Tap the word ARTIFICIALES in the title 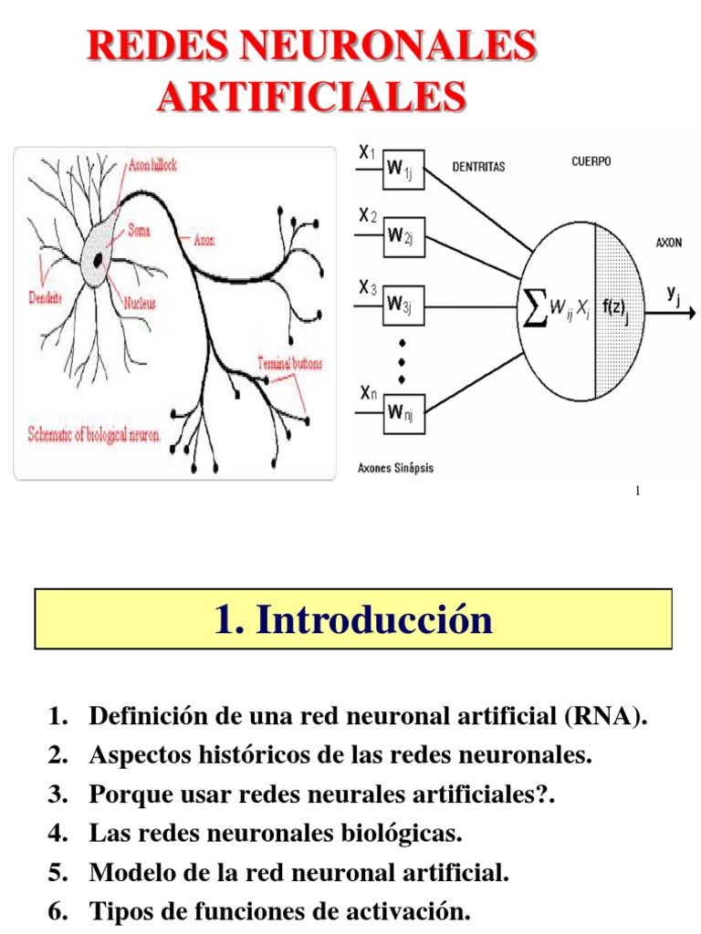coord(311,96)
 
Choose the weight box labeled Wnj coord(403,413)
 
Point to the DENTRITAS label coord(478,168)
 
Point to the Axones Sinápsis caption coord(395,468)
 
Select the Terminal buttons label coord(289,363)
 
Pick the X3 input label coord(367,288)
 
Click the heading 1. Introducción coord(353,619)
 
